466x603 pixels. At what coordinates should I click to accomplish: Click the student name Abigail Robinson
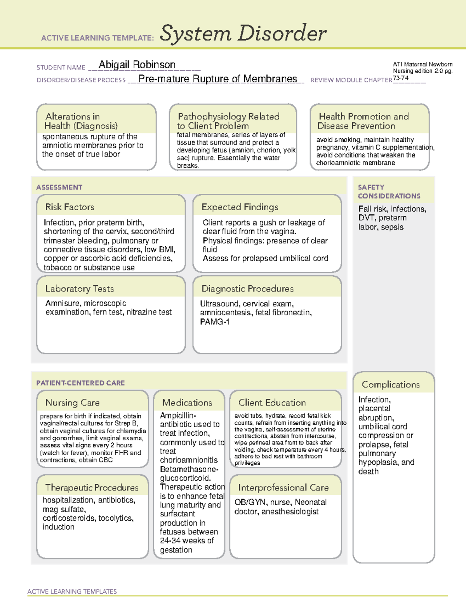137,64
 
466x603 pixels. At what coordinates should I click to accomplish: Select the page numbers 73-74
400,78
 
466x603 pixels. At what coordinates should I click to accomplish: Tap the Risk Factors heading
70,207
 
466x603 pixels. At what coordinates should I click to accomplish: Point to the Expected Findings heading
240,207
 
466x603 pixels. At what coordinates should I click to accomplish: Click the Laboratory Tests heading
79,288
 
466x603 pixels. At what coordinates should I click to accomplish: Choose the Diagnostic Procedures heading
247,288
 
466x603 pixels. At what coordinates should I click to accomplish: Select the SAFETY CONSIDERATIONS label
389,192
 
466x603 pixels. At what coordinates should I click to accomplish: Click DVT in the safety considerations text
366,218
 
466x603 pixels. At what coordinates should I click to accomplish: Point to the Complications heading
390,384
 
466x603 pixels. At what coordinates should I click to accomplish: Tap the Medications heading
187,403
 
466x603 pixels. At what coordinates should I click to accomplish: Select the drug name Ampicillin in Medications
177,415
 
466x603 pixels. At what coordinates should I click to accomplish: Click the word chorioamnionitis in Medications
189,460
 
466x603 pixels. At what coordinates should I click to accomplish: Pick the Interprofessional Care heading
283,488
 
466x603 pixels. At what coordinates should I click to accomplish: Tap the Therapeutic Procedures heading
92,488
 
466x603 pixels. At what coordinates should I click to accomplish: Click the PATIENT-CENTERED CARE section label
80,383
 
